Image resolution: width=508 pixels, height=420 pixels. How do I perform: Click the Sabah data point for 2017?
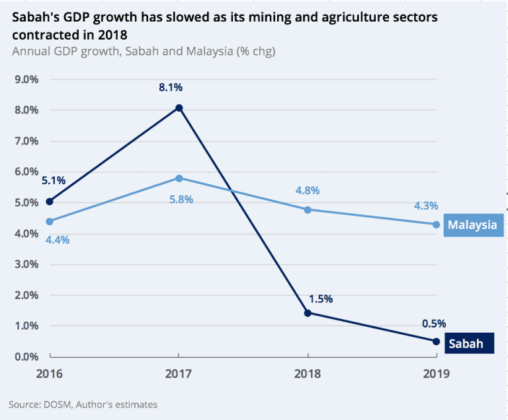tap(179, 108)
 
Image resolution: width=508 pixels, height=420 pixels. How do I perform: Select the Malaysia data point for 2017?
tap(179, 178)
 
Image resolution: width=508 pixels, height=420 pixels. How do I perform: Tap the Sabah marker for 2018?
tap(308, 312)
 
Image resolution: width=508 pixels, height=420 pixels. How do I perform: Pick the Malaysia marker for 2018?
tap(308, 209)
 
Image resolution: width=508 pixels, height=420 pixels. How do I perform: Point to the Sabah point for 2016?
tap(49, 201)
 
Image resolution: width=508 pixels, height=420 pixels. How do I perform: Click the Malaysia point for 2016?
tap(49, 221)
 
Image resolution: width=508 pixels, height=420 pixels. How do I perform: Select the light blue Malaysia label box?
tap(472, 225)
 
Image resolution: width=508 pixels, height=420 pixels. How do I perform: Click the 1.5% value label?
tap(319, 298)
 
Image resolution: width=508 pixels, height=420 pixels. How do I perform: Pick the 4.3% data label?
tap(426, 206)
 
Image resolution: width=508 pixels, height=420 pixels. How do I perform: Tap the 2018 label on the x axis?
tap(308, 373)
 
